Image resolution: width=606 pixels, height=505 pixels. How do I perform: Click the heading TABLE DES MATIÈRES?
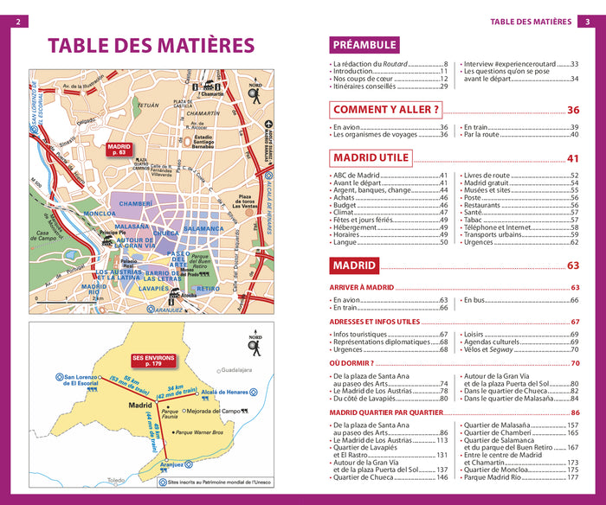[x=151, y=46]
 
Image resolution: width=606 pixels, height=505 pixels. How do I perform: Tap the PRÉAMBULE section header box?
[x=364, y=45]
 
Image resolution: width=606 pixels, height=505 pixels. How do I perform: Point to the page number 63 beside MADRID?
[x=573, y=265]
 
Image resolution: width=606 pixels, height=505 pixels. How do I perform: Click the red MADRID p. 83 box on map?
[x=119, y=151]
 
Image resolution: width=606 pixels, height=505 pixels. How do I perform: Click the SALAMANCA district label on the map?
[x=203, y=229]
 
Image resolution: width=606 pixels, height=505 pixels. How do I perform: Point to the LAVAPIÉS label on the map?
[x=154, y=288]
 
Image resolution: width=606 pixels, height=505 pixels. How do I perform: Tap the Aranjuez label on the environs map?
[x=172, y=464]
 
